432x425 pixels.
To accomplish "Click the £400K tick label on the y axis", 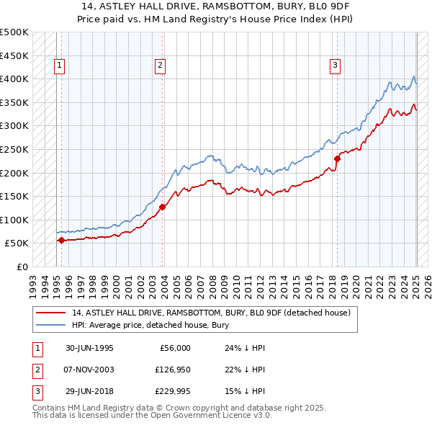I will tap(15, 79).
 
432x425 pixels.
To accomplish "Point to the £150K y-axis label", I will tap(15, 196).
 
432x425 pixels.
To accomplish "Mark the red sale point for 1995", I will tap(61, 241).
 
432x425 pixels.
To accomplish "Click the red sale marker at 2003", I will tap(163, 207).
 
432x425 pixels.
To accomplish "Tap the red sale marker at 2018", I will tap(337, 158).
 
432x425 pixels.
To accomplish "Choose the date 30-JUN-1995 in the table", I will tap(89, 348).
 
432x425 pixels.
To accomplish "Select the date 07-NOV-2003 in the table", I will tap(89, 370).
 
